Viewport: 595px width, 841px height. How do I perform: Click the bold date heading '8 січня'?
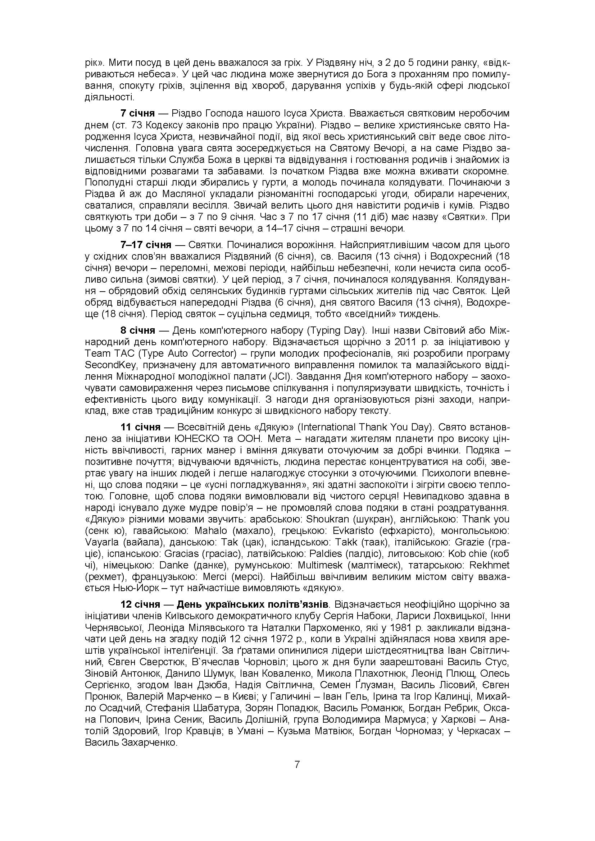click(x=138, y=330)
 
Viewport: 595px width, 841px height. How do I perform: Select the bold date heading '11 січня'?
click(x=141, y=427)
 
